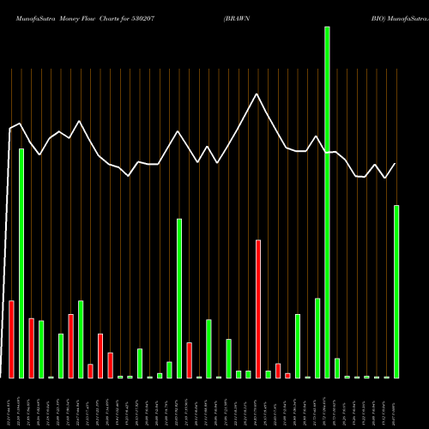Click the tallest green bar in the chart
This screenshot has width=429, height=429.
pos(327,202)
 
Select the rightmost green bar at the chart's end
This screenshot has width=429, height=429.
pos(396,292)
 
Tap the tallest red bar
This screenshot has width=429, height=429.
pos(257,309)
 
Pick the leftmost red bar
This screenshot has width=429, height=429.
pos(11,339)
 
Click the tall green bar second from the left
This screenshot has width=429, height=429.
pos(21,263)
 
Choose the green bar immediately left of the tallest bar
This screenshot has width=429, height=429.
pos(317,338)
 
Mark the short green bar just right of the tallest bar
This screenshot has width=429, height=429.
pos(337,368)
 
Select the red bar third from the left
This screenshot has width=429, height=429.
pos(70,346)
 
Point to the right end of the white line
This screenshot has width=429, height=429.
pos(396,163)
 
